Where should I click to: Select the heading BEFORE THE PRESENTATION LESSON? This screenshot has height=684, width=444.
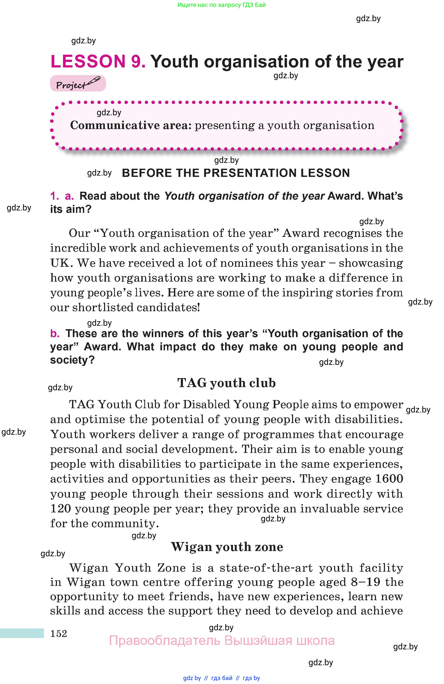coord(236,173)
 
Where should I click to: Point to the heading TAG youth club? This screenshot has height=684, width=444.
coord(226,383)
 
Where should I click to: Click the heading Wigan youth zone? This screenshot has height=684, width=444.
coord(227,547)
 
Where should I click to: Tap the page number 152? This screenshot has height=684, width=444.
coord(59,633)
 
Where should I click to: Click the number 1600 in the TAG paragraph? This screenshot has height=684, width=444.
coord(389,479)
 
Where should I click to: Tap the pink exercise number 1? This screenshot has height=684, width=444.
coord(54,196)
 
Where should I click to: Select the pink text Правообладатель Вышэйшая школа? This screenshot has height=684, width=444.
coord(222,641)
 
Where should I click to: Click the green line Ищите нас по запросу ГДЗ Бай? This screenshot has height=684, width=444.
coord(222,5)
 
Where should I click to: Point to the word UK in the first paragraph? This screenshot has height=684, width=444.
coord(60,263)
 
